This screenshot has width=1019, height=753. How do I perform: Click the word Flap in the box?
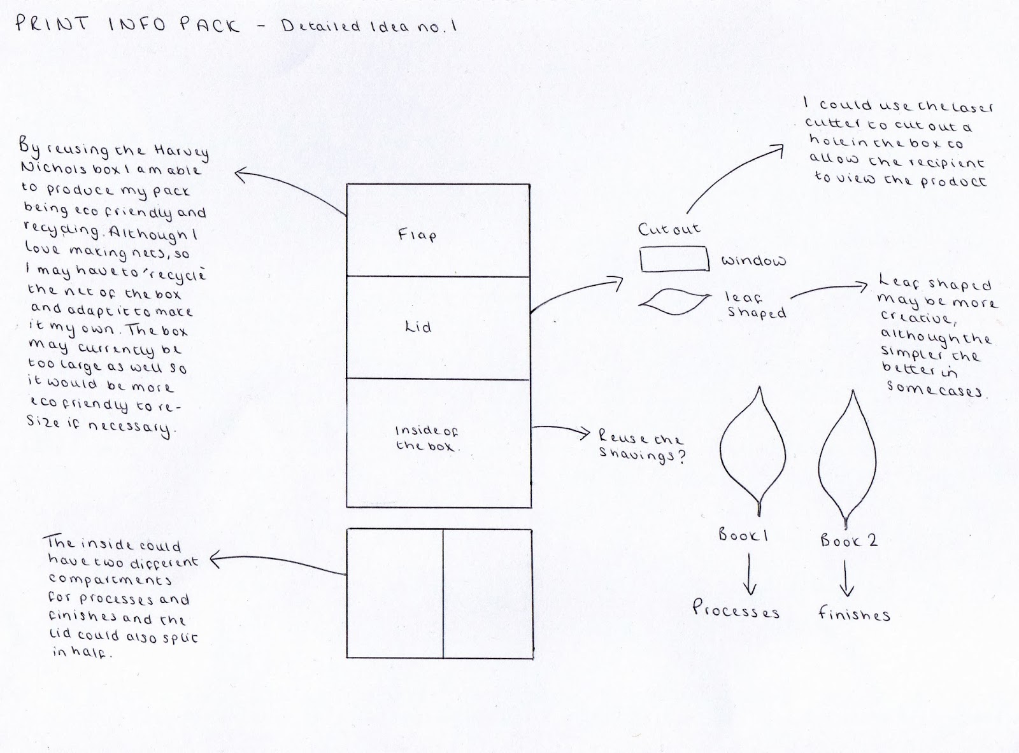[x=417, y=235]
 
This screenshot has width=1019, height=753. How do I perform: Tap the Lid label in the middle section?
[x=418, y=327]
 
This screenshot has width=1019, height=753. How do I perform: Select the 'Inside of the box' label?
[x=426, y=439]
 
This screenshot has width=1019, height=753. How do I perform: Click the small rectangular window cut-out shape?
[x=674, y=259]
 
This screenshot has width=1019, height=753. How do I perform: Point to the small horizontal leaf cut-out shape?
[x=675, y=302]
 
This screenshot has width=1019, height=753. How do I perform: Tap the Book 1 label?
[x=743, y=535]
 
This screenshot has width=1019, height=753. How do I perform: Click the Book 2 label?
[x=848, y=541]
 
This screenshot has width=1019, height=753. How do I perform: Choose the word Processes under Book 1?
[x=736, y=609]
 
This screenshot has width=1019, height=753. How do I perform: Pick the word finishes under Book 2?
[x=853, y=614]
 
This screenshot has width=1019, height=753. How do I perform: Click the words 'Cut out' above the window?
[x=669, y=229]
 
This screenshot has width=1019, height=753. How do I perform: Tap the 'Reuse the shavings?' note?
[x=640, y=447]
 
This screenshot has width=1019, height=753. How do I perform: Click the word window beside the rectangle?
[x=753, y=261]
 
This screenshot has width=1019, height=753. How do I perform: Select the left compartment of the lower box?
[x=395, y=593]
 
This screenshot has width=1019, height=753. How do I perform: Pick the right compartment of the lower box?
[x=488, y=593]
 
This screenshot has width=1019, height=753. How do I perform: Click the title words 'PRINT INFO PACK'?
[x=127, y=25]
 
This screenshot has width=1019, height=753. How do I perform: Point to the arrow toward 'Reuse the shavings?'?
[x=560, y=432]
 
